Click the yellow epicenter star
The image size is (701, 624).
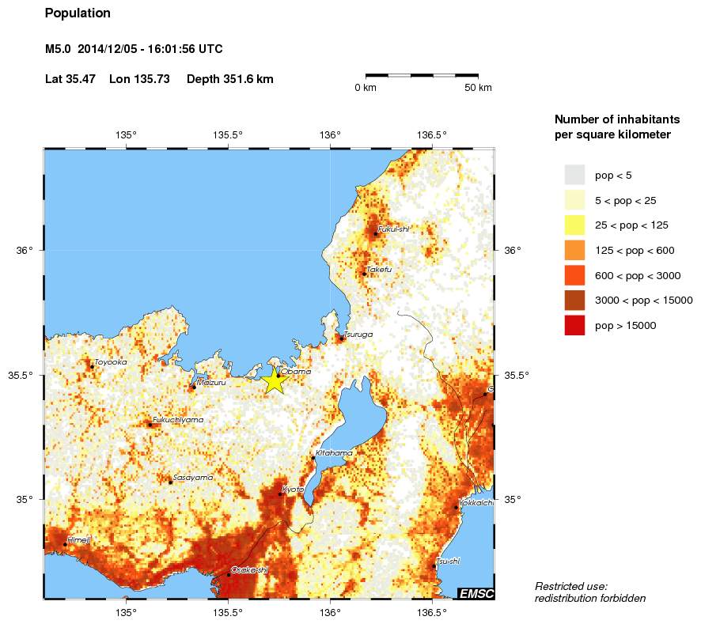[274, 380]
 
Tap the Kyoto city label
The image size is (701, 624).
[294, 490]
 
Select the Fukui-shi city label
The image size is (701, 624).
[393, 229]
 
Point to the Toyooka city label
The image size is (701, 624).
[110, 362]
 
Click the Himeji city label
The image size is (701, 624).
[79, 540]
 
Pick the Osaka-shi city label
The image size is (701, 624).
[249, 569]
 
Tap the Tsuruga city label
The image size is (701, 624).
[358, 335]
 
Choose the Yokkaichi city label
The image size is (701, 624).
[476, 502]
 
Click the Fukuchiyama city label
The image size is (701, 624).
[178, 419]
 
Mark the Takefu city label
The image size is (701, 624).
[379, 270]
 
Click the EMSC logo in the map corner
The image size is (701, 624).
[476, 593]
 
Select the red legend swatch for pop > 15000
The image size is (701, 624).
[574, 325]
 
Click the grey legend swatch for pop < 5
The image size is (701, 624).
[574, 175]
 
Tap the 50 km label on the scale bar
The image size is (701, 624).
[477, 88]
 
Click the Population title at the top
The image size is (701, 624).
[78, 13]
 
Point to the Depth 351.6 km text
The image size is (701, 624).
[229, 79]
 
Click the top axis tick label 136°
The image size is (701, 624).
[330, 134]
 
